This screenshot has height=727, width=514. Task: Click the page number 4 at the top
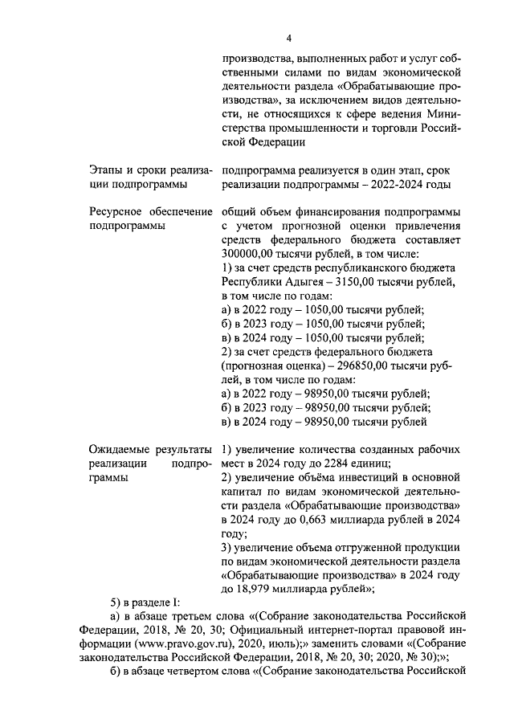pos(288,38)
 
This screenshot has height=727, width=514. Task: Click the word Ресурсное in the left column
pos(117,212)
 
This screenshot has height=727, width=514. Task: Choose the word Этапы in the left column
pos(106,170)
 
